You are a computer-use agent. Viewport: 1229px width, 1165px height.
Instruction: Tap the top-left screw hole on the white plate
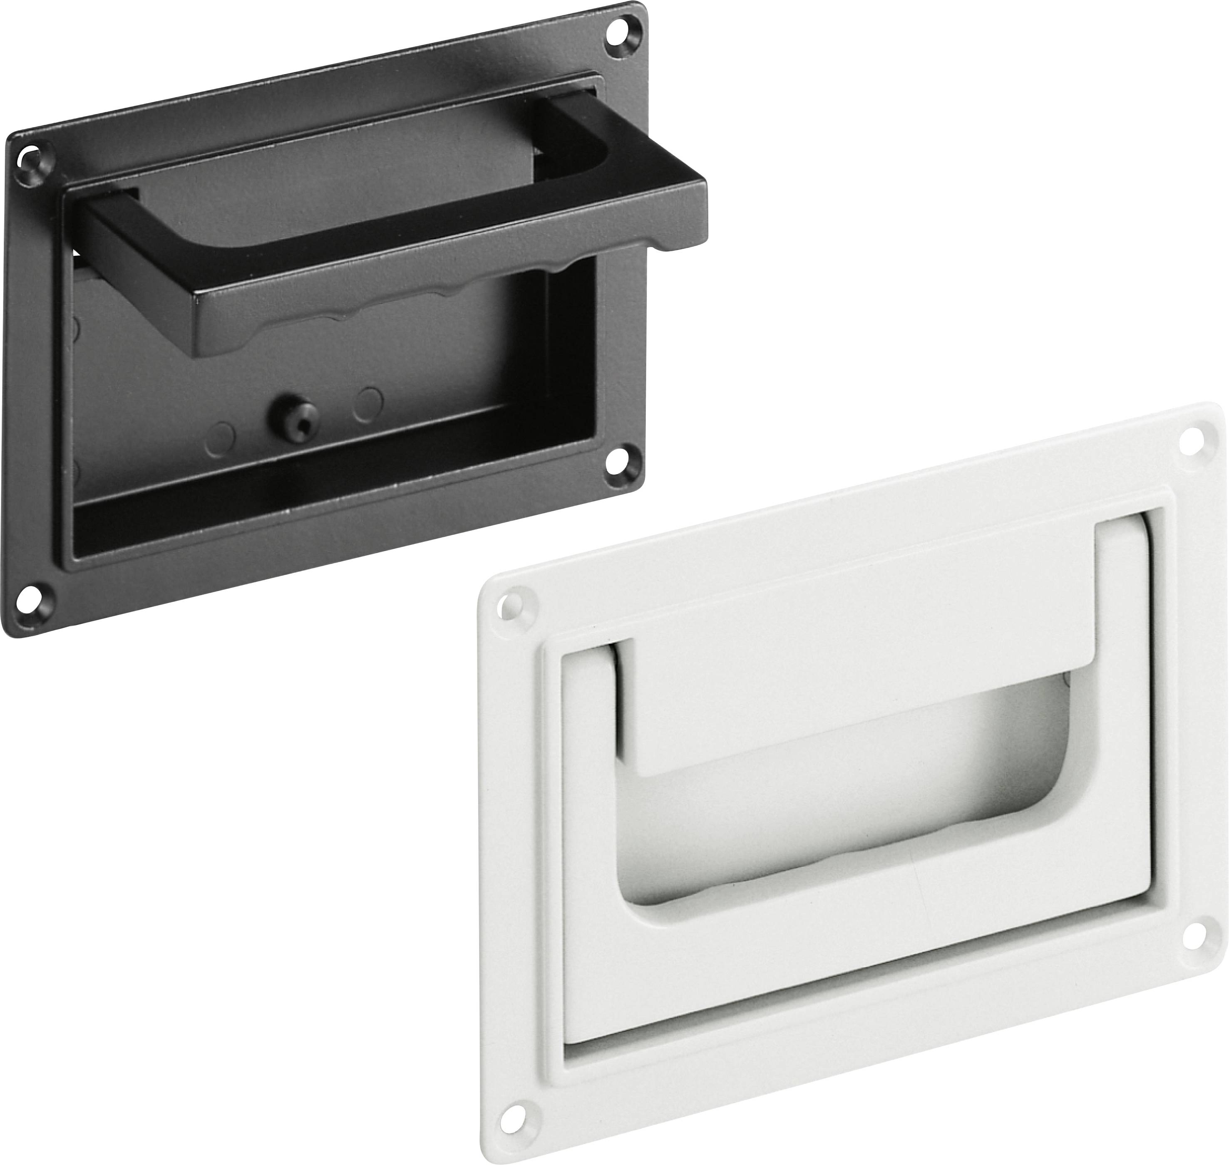511,604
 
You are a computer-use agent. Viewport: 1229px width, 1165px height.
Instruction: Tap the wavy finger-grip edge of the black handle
397,309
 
